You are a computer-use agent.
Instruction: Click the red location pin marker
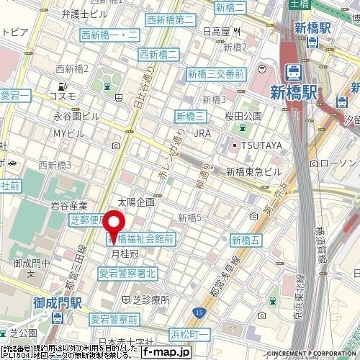(x=114, y=225)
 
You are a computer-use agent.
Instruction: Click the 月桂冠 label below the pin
(x=124, y=253)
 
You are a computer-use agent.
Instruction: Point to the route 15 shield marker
(x=199, y=312)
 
